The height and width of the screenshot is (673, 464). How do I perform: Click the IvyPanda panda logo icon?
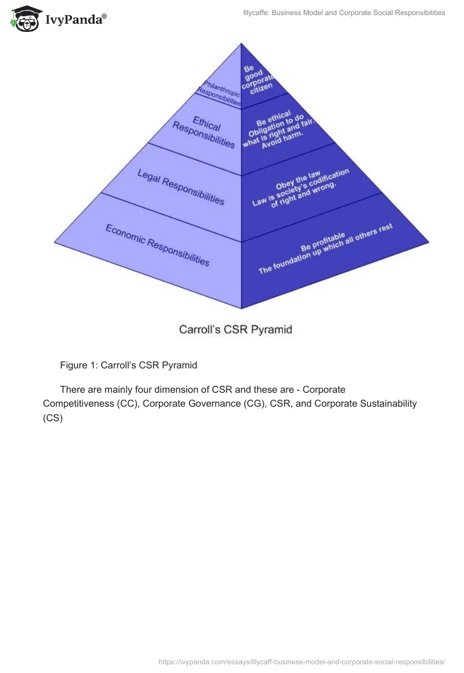tap(24, 18)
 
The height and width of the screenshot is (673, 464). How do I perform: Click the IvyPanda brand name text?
tap(76, 20)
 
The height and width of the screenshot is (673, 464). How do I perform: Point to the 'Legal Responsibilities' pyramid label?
tap(180, 186)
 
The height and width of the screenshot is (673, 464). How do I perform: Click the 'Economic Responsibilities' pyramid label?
tap(157, 245)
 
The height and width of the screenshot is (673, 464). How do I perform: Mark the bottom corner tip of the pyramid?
tap(241, 308)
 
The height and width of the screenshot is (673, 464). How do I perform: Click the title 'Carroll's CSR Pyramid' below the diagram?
tap(235, 330)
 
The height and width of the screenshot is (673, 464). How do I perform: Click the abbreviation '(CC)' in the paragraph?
tap(125, 403)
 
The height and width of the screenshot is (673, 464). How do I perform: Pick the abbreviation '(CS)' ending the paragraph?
tap(52, 418)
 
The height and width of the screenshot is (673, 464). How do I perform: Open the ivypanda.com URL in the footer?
tap(302, 661)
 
